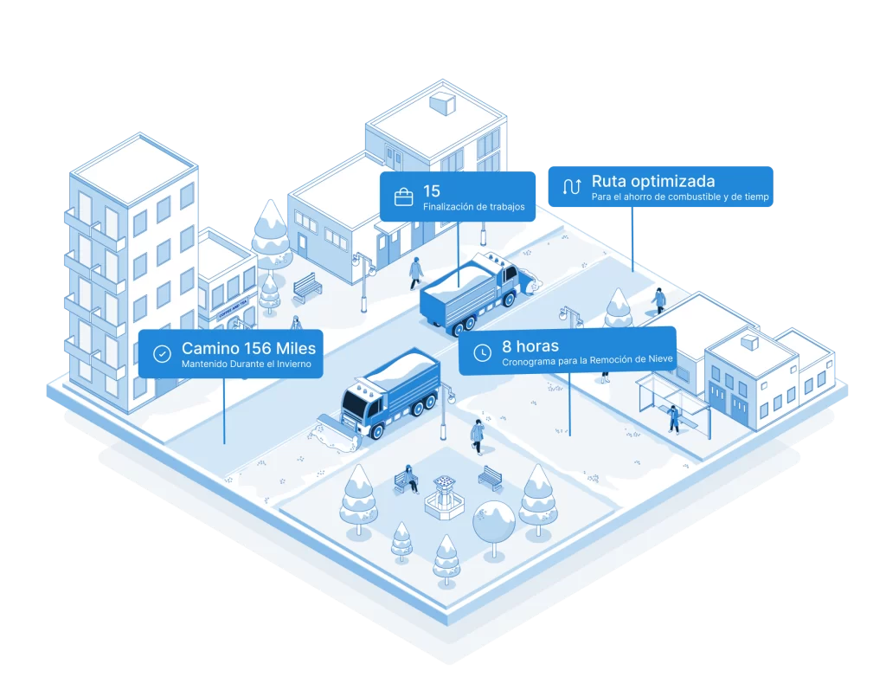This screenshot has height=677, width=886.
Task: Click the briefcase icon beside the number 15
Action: pos(403,197)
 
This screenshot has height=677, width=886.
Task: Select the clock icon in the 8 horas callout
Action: pos(481,352)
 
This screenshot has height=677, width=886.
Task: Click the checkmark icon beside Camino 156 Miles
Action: pos(162,353)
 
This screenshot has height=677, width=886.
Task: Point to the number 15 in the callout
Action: pos(432,190)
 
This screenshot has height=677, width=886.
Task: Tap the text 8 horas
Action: pos(530,345)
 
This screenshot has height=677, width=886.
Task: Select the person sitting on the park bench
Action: pos(408,479)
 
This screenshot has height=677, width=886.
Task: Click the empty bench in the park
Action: pos(491,477)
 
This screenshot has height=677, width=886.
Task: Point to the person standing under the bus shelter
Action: pos(673,418)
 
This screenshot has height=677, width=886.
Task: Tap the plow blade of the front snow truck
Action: pos(333,433)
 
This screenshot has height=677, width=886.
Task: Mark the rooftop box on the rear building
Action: pos(443,104)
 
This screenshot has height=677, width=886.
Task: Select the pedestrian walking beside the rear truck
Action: pos(416,271)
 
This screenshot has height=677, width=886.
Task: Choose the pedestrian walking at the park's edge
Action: pos(477,435)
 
